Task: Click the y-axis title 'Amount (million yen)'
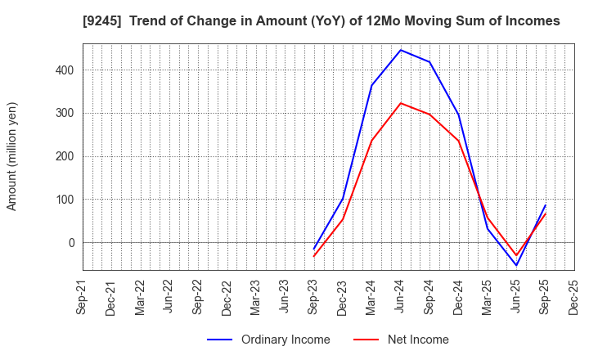12,156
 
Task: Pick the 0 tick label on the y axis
71,243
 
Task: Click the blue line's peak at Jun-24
400,50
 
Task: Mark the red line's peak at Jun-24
400,103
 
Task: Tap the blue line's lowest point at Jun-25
516,265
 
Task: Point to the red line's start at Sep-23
313,257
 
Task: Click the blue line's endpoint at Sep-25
546,205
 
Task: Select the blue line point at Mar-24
371,85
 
